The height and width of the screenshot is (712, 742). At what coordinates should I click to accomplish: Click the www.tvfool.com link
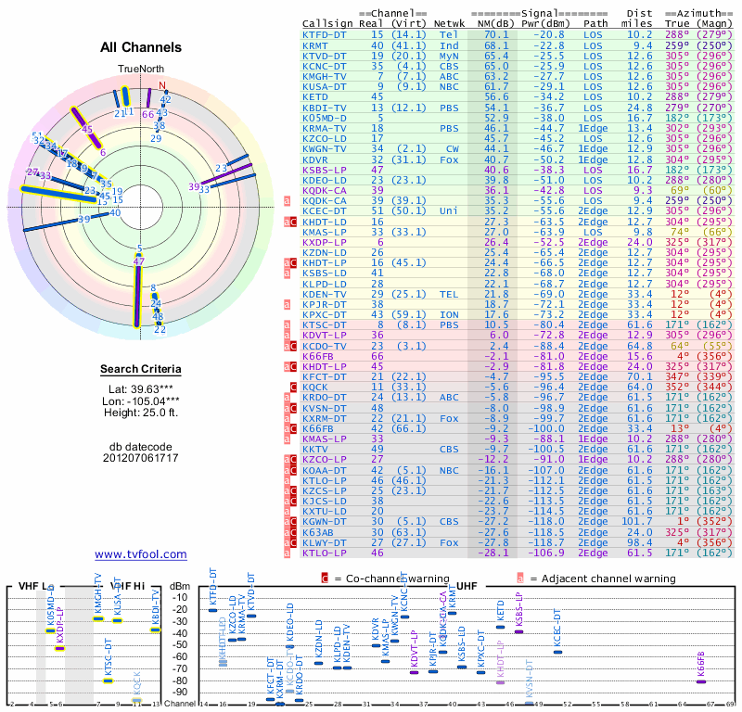pos(140,554)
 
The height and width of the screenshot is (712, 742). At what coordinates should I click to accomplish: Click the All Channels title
pos(140,47)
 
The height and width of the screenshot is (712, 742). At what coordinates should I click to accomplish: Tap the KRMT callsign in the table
pos(315,44)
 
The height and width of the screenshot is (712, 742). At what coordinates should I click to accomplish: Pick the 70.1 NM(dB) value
pos(496,34)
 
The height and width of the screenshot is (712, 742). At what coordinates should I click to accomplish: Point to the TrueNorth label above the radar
pos(140,70)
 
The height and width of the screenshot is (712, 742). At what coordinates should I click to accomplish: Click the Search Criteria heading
pos(140,370)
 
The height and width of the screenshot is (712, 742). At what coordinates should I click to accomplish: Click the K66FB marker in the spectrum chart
pos(701,681)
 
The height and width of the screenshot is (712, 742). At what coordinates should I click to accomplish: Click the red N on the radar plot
pos(164,88)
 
